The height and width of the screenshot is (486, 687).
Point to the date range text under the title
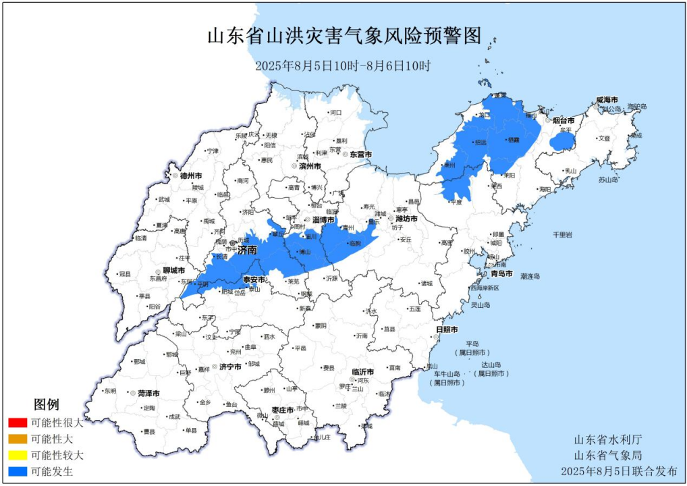coord(343,65)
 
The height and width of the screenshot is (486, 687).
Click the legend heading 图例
coord(47,404)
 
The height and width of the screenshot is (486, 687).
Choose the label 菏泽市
coord(148,393)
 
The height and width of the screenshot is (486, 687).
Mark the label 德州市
coord(192,175)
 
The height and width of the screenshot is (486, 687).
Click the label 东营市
coord(360,155)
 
